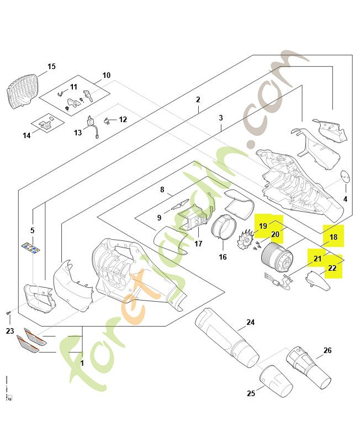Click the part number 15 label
[x=51, y=66]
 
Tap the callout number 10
[x=107, y=75]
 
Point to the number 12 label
[x=123, y=119]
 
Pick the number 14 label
[x=27, y=135]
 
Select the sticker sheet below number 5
[x=33, y=249]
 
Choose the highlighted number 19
[x=263, y=226]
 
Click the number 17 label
[x=198, y=244]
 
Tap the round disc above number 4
[x=345, y=176]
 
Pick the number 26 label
[x=327, y=350]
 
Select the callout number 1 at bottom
[x=82, y=364]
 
